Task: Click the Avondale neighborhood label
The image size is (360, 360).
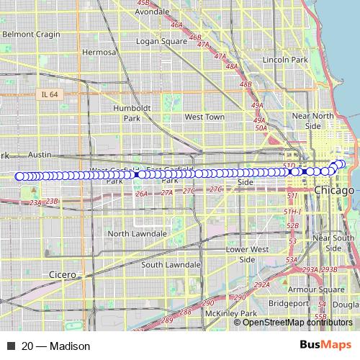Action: tap(152, 12)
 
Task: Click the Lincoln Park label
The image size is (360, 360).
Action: tap(285, 60)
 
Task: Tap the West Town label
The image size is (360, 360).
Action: tap(204, 117)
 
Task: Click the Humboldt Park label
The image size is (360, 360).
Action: tap(132, 112)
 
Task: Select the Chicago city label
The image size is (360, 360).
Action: tap(334, 191)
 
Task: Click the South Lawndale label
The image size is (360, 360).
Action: tap(170, 264)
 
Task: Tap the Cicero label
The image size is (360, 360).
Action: tap(63, 275)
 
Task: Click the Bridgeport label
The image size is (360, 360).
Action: tap(288, 304)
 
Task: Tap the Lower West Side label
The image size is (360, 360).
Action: tap(246, 254)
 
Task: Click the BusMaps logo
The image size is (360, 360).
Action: tap(325, 346)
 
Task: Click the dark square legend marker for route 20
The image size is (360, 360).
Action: tap(11, 346)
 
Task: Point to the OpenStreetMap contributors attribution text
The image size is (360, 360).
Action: tap(297, 322)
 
